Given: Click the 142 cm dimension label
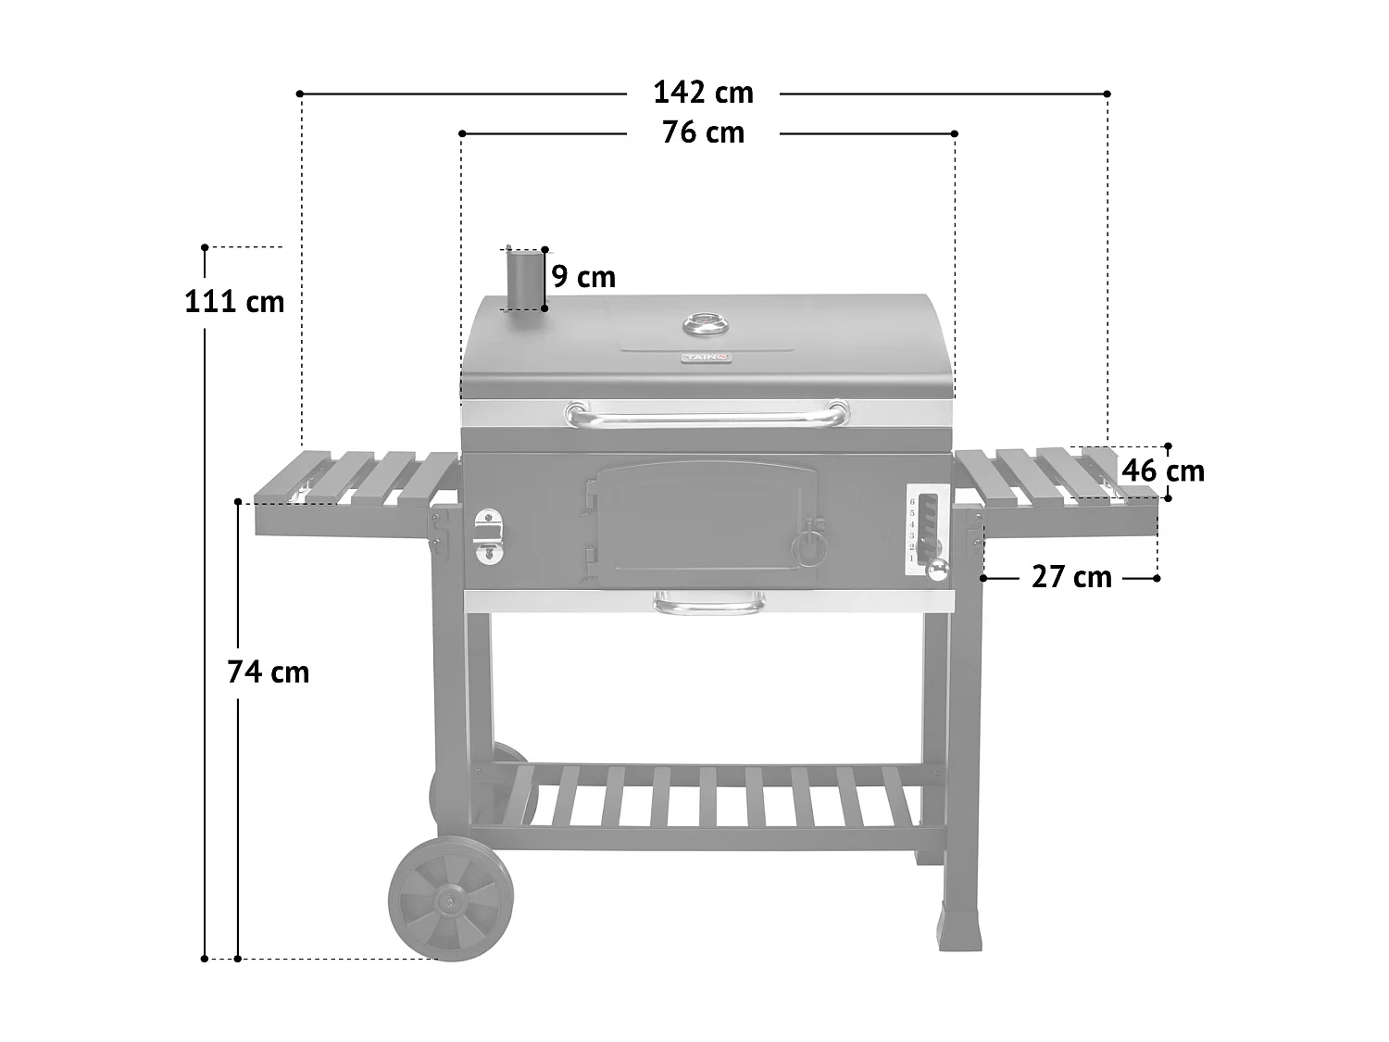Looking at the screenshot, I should point(703,93).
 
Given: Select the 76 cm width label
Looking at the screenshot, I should point(703,133).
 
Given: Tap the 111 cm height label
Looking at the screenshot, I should point(234,302).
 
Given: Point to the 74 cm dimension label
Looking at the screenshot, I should point(268,672).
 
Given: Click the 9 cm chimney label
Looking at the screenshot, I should point(583,277).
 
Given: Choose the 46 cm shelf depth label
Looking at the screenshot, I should point(1162,471).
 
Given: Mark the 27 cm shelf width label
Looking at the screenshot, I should point(1071,577).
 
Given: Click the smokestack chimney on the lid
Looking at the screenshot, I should point(522,280).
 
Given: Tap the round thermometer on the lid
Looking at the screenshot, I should point(706,325).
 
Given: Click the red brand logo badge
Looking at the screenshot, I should point(706,358).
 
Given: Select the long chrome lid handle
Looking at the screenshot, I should point(706,416).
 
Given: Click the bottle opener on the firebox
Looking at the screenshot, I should point(487,537).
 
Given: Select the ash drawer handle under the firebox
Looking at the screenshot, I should point(708,606).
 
